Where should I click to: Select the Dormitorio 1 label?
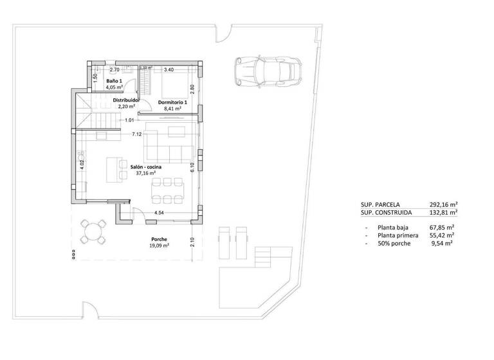(172, 102)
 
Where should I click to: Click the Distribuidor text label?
(127, 100)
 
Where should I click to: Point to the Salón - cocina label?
(145, 166)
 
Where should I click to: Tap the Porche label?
(158, 239)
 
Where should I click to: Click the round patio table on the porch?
(95, 231)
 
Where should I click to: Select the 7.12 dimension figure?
(136, 134)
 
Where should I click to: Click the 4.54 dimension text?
(159, 213)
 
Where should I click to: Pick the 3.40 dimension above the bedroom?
(169, 69)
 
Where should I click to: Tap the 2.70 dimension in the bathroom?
(114, 69)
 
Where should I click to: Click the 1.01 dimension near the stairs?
(129, 120)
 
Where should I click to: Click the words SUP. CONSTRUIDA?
(385, 213)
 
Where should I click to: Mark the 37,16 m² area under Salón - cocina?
(145, 174)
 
